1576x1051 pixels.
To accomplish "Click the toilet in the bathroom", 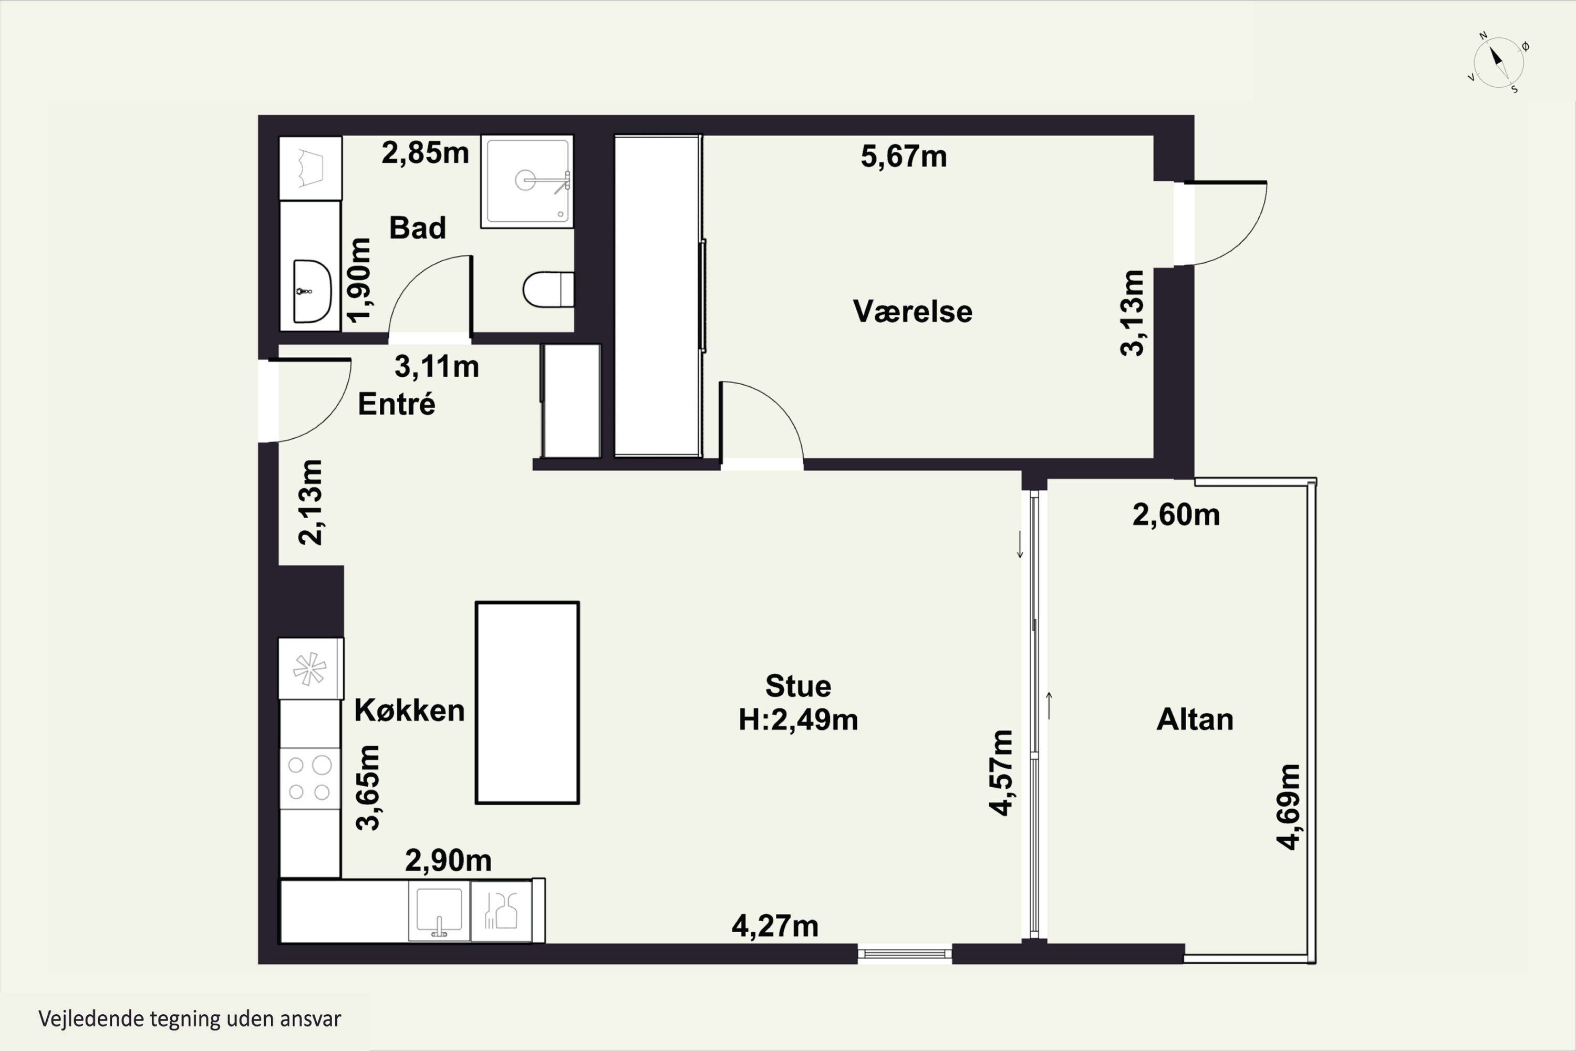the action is [548, 289].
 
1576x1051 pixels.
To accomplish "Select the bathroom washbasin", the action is [312, 292].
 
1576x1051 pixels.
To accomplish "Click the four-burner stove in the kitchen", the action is [309, 778].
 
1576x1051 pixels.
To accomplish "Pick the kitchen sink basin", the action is [439, 911].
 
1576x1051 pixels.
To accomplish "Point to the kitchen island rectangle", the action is [527, 703].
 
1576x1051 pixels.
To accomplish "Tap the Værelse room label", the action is [912, 312].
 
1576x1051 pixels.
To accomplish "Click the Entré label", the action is [397, 404].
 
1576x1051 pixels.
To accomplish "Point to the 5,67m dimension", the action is [904, 156].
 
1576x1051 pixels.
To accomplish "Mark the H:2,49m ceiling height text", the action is [798, 720].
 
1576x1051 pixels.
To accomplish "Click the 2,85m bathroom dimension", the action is [426, 153].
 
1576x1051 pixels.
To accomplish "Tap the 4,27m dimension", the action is [775, 926].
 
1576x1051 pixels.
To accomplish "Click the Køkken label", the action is [409, 710].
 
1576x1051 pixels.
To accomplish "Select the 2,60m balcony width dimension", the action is [1176, 515].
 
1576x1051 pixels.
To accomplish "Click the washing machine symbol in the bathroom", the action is [310, 168].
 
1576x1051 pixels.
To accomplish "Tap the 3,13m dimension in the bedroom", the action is [1133, 312].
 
